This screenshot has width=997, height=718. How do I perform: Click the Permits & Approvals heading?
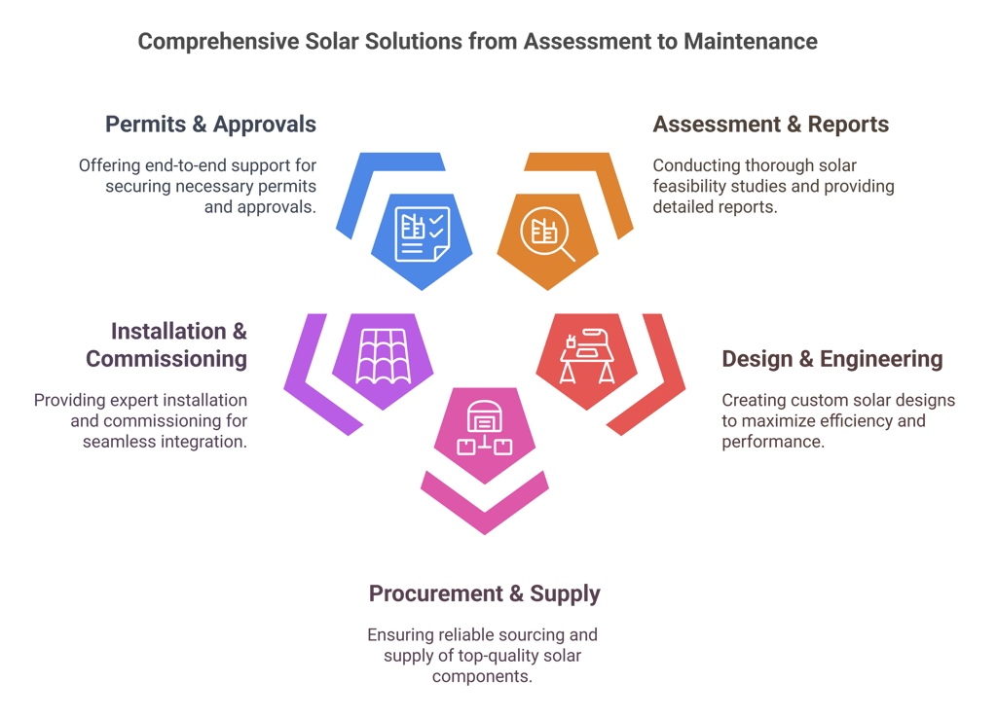pyautogui.click(x=210, y=125)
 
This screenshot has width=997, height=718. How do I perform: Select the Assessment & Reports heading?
pyautogui.click(x=770, y=125)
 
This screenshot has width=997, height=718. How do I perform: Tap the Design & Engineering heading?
pyautogui.click(x=831, y=359)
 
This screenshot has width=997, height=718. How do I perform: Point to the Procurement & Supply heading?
pyautogui.click(x=484, y=593)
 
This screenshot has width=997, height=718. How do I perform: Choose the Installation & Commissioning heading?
pyautogui.click(x=166, y=345)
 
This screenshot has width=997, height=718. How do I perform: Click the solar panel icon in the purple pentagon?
pyautogui.click(x=382, y=356)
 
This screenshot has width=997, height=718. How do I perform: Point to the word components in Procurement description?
pyautogui.click(x=483, y=675)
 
